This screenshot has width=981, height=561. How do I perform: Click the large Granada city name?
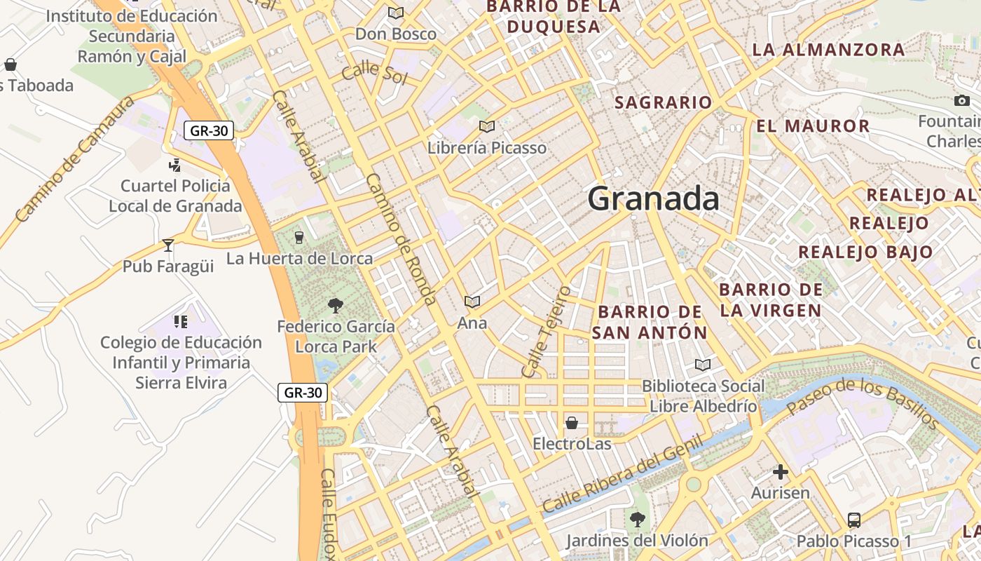point(653,198)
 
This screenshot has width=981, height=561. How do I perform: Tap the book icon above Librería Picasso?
point(487,126)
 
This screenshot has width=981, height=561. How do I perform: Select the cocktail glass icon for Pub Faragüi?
point(168,245)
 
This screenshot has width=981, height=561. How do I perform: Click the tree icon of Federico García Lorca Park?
point(336,305)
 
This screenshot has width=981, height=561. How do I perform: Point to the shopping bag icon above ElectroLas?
point(572,423)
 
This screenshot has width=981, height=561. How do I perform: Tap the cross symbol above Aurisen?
point(780,472)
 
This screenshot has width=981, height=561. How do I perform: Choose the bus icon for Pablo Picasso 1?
point(854,520)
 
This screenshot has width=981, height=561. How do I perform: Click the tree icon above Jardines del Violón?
point(637,519)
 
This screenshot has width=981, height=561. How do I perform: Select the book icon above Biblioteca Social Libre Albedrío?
point(703,365)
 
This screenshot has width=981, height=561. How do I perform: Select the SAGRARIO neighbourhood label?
point(663,102)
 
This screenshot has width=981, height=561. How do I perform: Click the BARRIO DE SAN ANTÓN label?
point(650,322)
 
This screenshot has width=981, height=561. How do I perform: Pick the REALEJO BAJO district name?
point(865,252)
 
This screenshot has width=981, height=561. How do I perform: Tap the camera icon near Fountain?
point(962,101)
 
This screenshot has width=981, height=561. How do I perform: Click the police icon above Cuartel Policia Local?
point(175,165)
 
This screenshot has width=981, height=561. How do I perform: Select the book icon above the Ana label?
point(472,302)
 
